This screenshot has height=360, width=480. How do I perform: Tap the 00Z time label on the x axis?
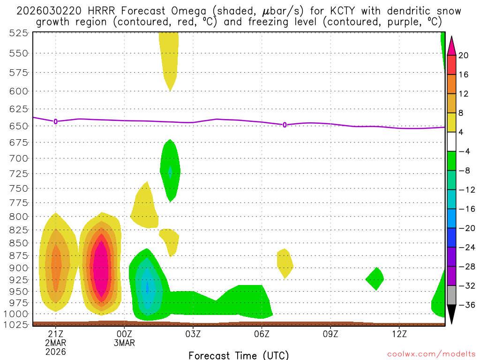pyautogui.click(x=124, y=333)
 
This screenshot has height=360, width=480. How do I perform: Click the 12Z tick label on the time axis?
pyautogui.click(x=399, y=333)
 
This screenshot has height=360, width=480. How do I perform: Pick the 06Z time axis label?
pyautogui.click(x=262, y=333)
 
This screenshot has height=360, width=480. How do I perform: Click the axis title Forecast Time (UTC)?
pyautogui.click(x=239, y=355)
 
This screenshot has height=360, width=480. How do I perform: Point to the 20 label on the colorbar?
pyautogui.click(x=464, y=55)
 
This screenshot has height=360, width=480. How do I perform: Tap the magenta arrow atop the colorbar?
pyautogui.click(x=452, y=45)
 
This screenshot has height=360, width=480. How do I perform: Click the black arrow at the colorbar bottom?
pyautogui.click(x=452, y=315)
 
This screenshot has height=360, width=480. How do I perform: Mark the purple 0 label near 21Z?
pyautogui.click(x=56, y=121)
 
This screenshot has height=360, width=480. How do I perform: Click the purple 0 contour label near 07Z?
pyautogui.click(x=285, y=125)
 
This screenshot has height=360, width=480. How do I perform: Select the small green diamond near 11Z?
pyautogui.click(x=375, y=278)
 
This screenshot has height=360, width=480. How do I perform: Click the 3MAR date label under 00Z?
pyautogui.click(x=124, y=343)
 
